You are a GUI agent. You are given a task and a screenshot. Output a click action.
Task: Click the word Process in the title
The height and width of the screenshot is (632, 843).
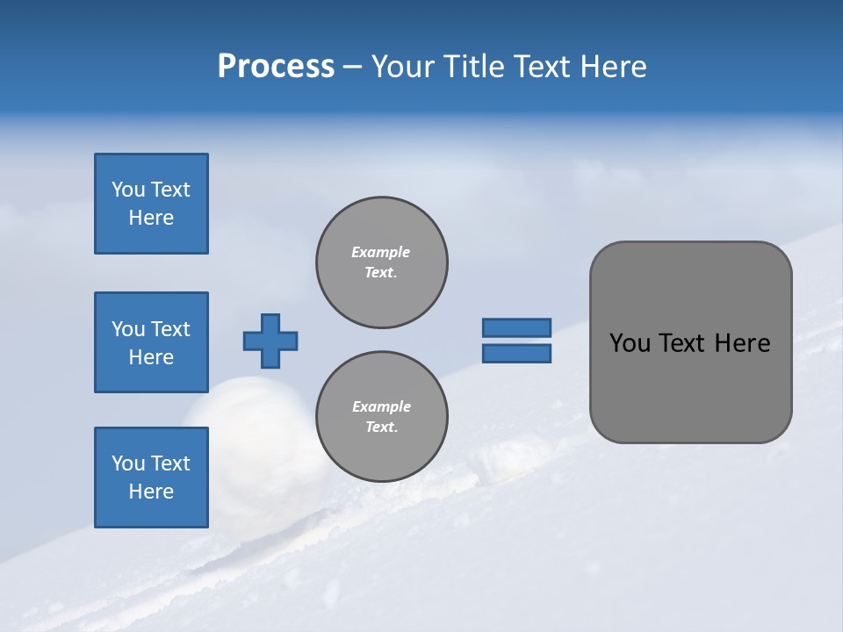pyautogui.click(x=276, y=67)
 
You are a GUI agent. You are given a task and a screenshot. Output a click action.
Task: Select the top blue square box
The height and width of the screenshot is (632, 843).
pyautogui.click(x=151, y=204)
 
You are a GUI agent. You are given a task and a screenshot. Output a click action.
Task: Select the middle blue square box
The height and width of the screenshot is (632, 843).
pyautogui.click(x=151, y=342)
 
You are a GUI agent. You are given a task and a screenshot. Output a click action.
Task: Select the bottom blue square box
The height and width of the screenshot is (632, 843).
pyautogui.click(x=151, y=478)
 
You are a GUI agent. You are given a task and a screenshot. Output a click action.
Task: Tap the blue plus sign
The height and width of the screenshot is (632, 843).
pyautogui.click(x=270, y=341)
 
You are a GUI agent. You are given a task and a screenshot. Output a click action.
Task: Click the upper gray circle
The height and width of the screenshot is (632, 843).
pyautogui.click(x=381, y=262)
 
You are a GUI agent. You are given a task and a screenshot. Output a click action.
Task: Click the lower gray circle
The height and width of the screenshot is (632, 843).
pyautogui.click(x=381, y=417)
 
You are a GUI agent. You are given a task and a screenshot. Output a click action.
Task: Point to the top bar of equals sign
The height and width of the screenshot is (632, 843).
pyautogui.click(x=516, y=327)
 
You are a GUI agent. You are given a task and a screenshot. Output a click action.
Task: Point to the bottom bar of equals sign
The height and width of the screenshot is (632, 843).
pyautogui.click(x=516, y=354)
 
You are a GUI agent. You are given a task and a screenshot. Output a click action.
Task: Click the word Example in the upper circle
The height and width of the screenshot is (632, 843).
pyautogui.click(x=381, y=252)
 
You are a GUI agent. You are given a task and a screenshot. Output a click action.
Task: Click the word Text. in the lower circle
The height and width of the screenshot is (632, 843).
pyautogui.click(x=381, y=427)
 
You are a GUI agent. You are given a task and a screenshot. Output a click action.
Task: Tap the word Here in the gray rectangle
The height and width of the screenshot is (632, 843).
pyautogui.click(x=742, y=343)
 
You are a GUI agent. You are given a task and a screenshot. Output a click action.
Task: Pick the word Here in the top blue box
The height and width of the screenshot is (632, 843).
pyautogui.click(x=151, y=218)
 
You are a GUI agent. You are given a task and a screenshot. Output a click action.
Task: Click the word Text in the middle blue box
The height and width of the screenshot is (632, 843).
pyautogui.click(x=171, y=329)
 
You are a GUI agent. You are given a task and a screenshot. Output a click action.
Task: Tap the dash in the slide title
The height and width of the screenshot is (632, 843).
pyautogui.click(x=352, y=67)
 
